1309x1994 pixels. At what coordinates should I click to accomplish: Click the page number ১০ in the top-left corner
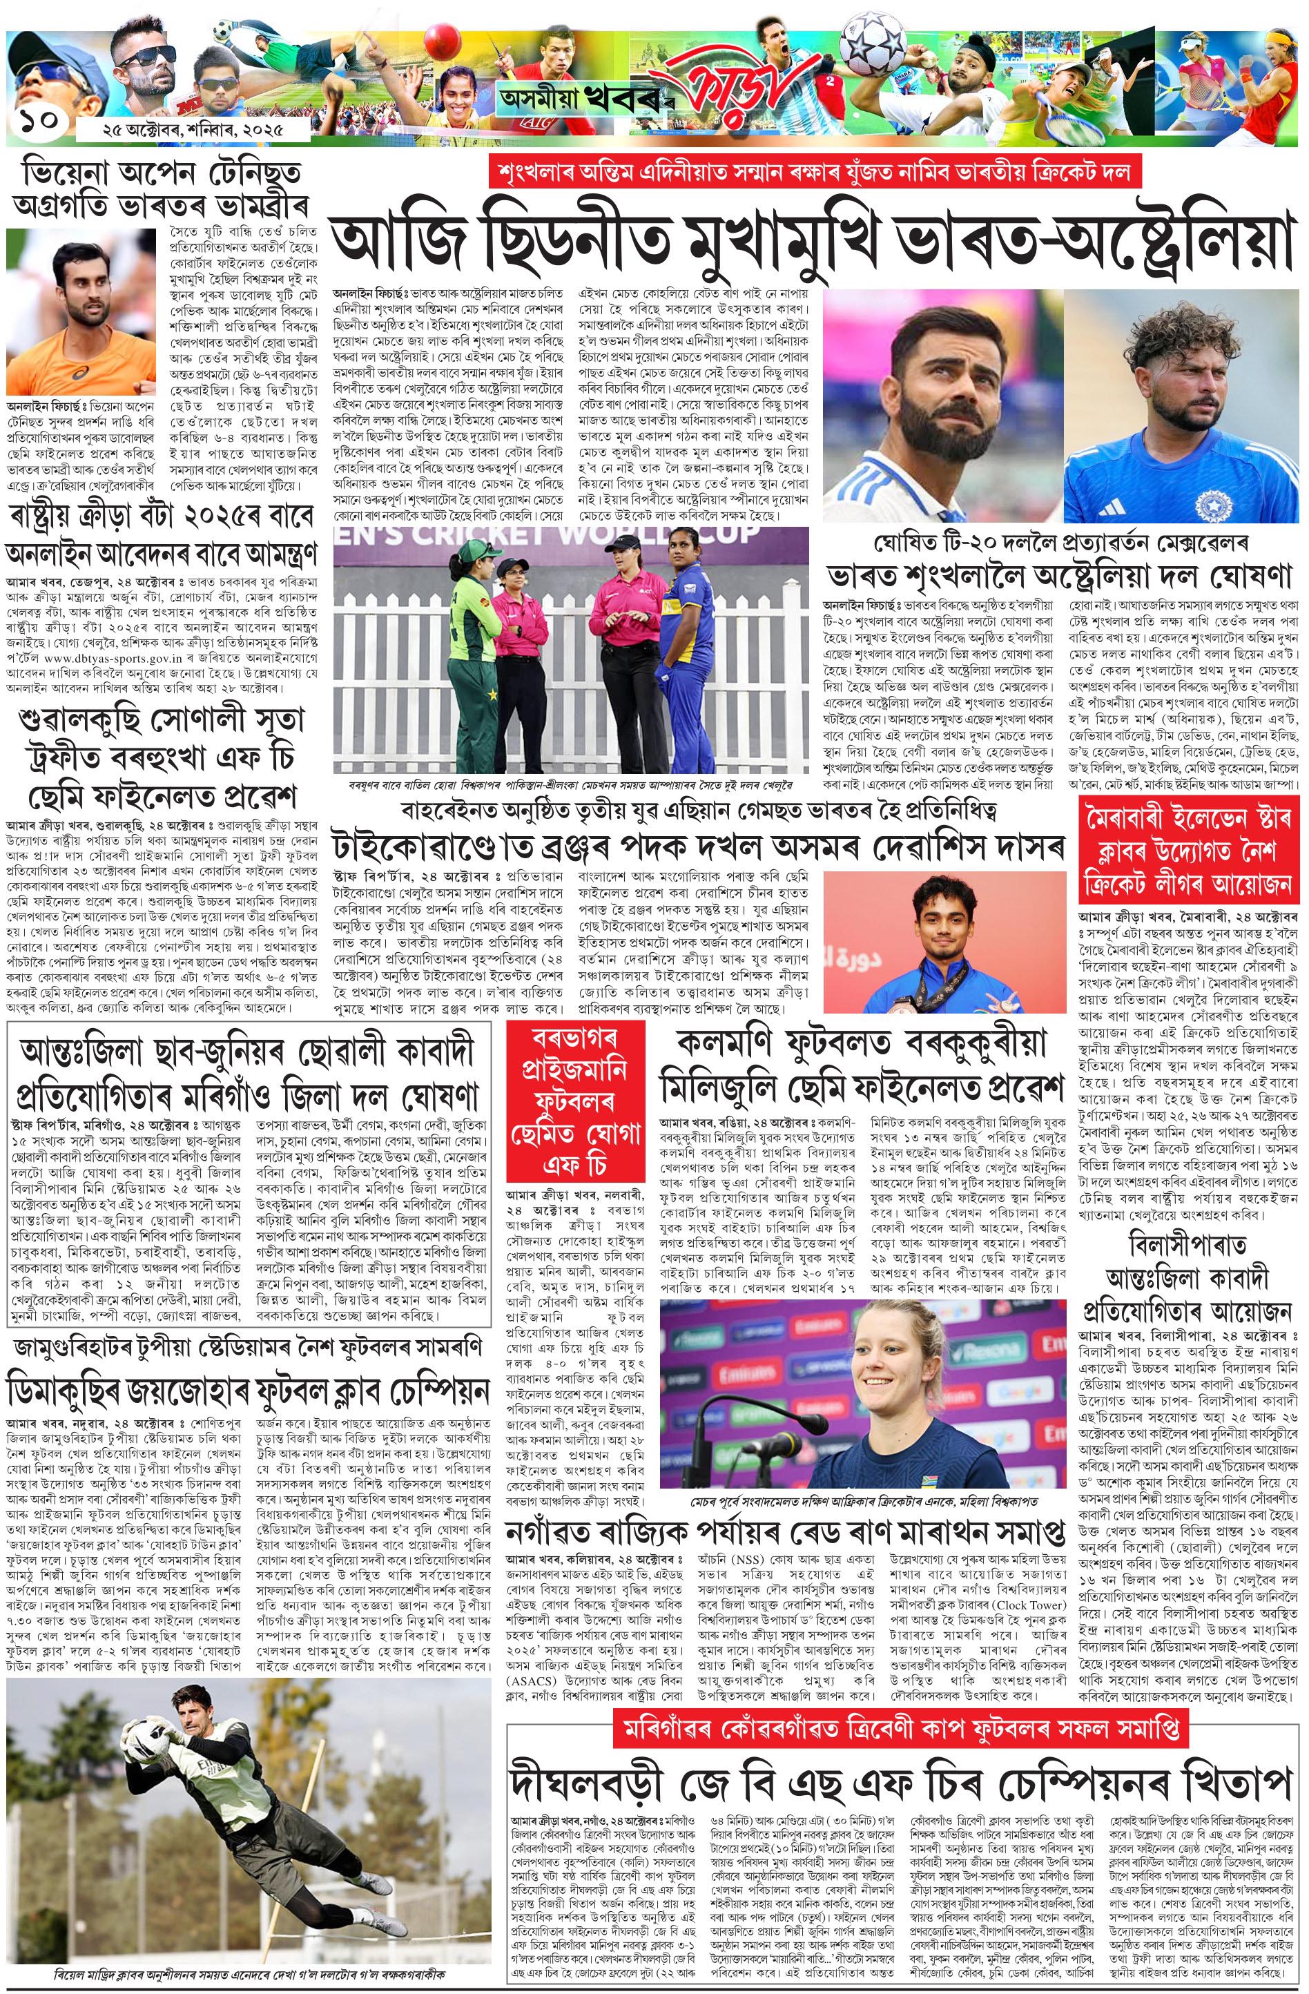click(x=39, y=121)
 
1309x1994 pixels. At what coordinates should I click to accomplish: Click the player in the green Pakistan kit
click(x=467, y=652)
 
